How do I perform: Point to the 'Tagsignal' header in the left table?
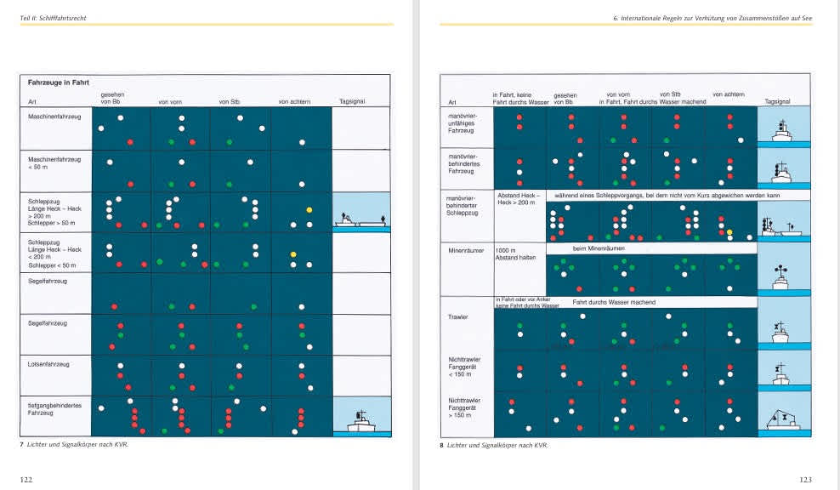pyautogui.click(x=351, y=102)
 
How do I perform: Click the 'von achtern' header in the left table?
pyautogui.click(x=295, y=102)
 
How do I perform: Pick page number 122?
pyautogui.click(x=26, y=480)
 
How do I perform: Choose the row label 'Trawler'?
pyautogui.click(x=458, y=316)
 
